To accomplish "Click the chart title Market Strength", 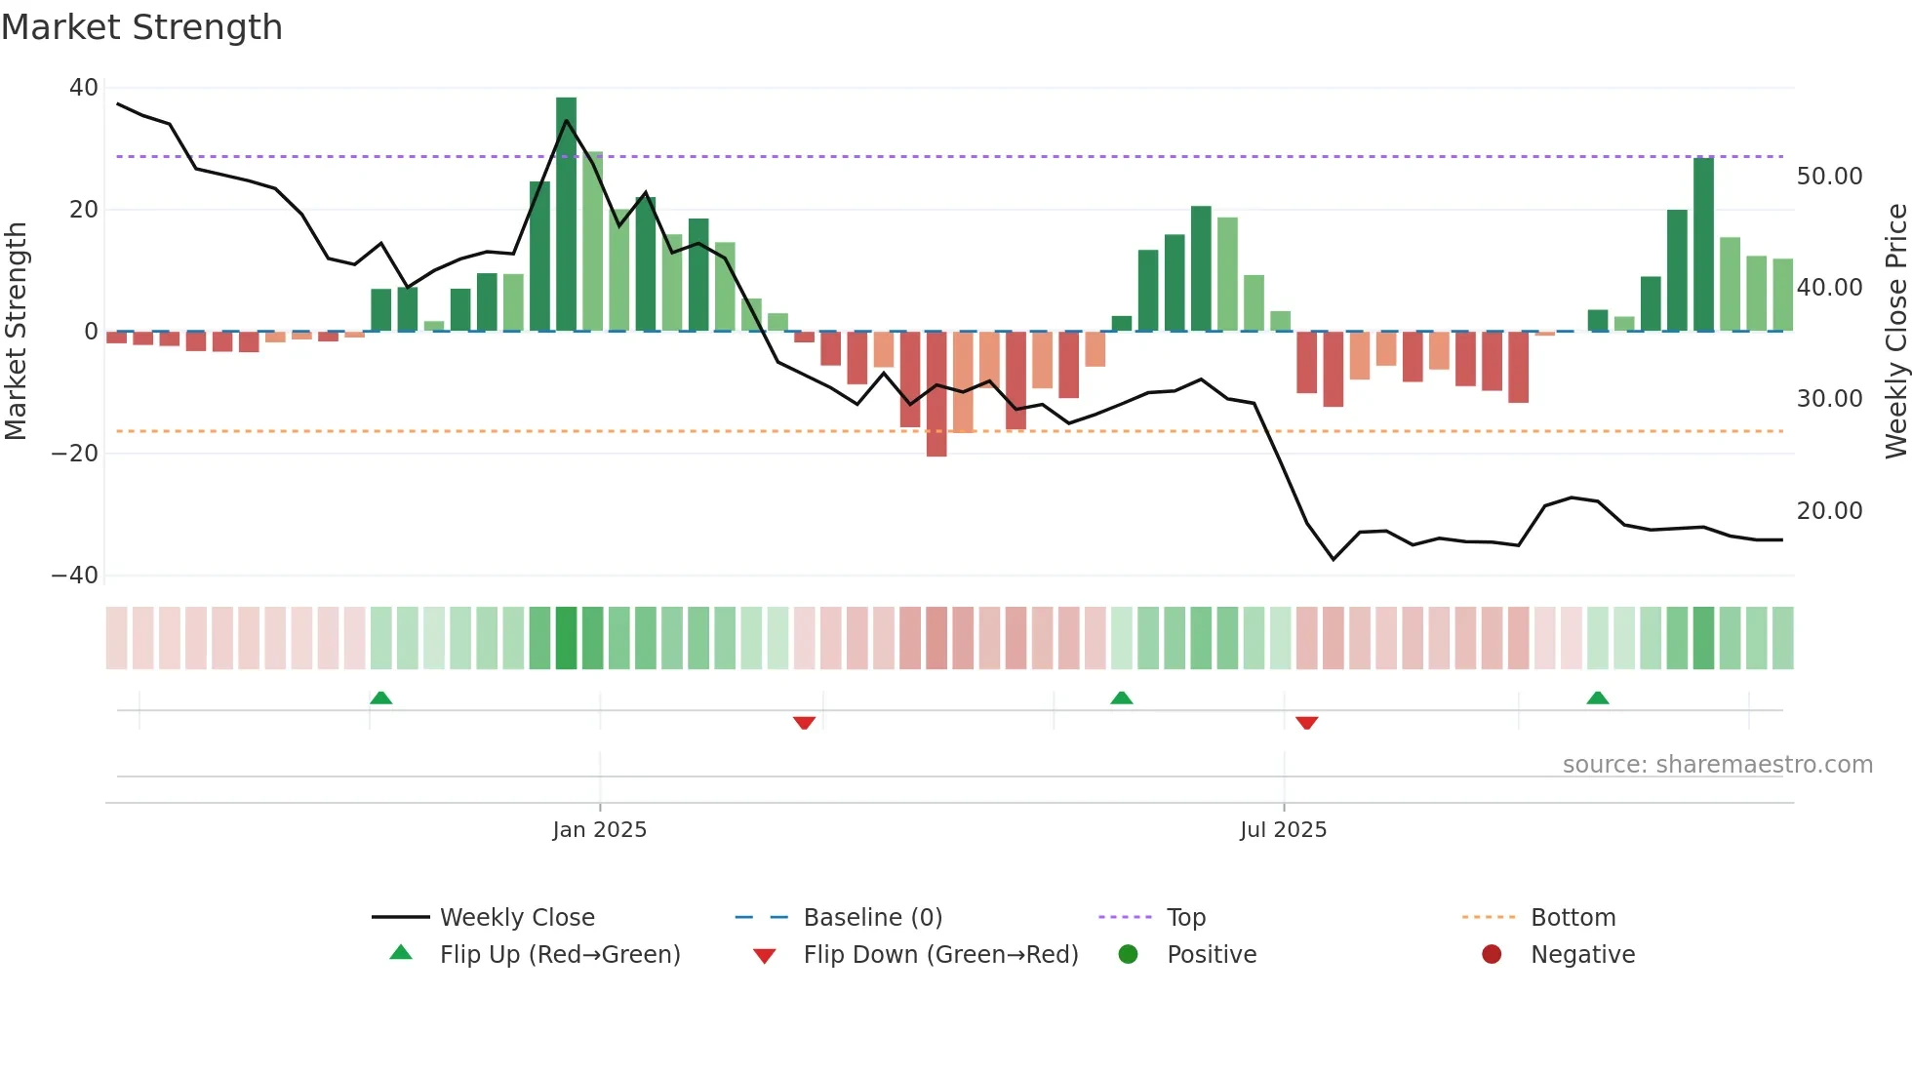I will coord(141,27).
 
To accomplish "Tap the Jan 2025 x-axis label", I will coord(599,829).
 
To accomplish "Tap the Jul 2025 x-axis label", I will coord(1283,829).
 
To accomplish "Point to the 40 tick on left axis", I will coord(84,88).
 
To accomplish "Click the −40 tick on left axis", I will coord(75,576).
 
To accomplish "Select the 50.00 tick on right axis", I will coord(1829,177).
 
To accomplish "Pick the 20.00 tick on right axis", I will coord(1829,510).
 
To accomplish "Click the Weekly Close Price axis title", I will coord(1895,331).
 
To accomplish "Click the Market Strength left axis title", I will coord(16,331).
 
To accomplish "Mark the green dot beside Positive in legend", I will coord(1128,955).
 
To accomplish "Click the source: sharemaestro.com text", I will coord(1717,765).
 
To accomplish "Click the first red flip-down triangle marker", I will coord(804,723).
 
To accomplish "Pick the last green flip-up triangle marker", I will coord(1597,697).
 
